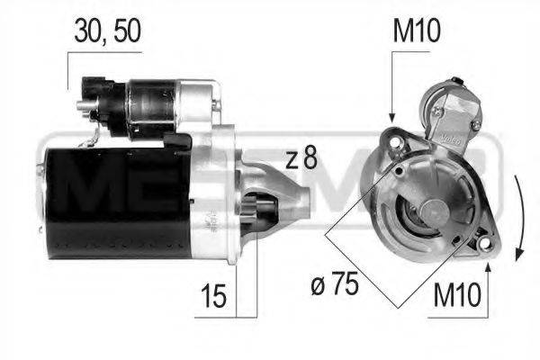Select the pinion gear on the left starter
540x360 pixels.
(x=261, y=211)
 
